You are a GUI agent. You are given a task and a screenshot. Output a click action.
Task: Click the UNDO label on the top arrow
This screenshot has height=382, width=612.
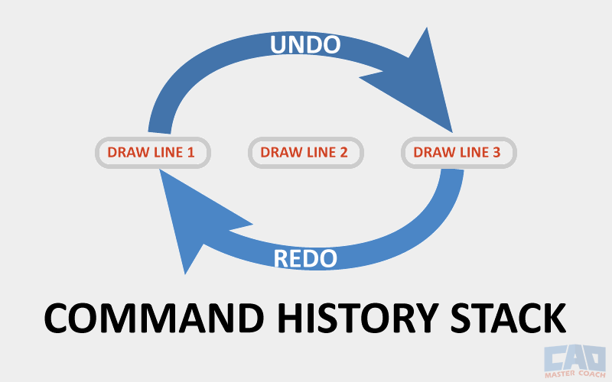click(x=304, y=45)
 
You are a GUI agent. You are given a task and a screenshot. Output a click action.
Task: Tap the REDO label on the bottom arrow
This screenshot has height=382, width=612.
click(x=305, y=258)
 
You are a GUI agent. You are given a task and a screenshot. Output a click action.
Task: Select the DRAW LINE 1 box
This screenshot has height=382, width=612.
click(x=152, y=153)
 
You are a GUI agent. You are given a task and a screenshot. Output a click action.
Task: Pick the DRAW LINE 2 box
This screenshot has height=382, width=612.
click(x=305, y=153)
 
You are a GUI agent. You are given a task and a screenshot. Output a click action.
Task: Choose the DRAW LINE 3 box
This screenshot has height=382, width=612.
click(x=458, y=153)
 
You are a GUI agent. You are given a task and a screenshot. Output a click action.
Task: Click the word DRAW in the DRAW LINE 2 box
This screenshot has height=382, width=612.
click(x=278, y=153)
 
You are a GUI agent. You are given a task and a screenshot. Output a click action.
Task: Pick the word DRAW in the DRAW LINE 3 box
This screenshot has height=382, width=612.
click(x=431, y=153)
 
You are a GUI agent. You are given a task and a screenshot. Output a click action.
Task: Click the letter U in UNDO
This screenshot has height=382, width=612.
click(x=278, y=45)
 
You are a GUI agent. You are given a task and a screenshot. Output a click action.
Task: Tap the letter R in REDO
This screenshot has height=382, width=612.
click(x=281, y=258)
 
